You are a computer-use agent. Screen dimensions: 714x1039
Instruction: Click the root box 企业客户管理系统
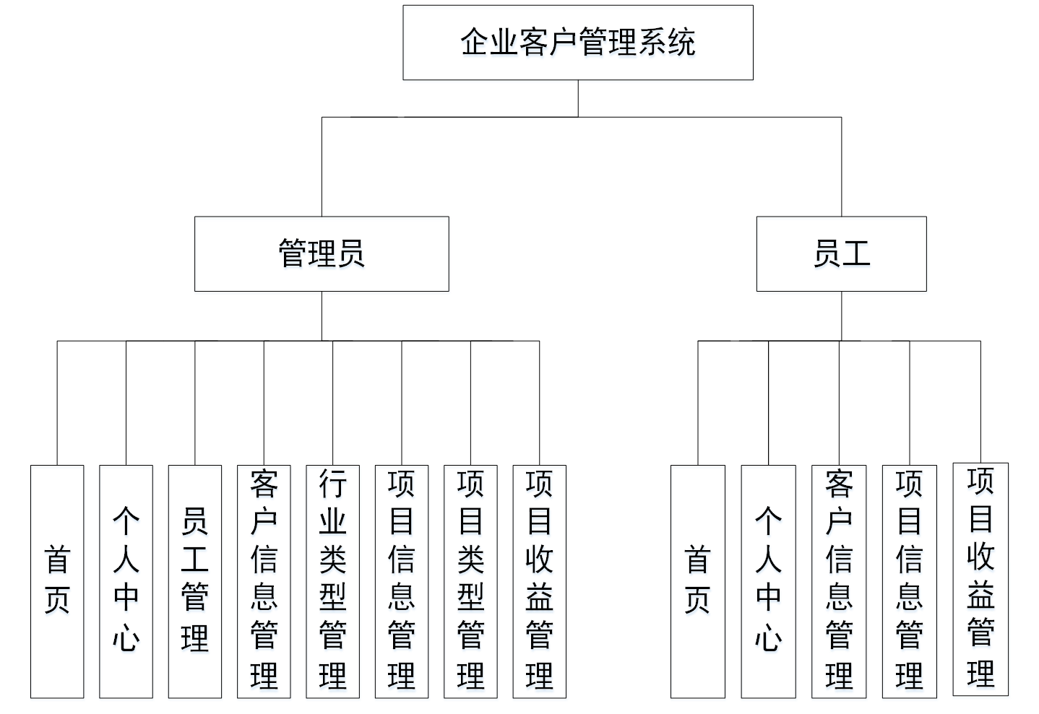pyautogui.click(x=577, y=43)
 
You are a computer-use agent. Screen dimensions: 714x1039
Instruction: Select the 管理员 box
pyautogui.click(x=322, y=253)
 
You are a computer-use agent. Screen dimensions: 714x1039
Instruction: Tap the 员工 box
pyautogui.click(x=841, y=253)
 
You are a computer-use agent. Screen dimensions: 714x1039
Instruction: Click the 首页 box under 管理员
pyautogui.click(x=57, y=581)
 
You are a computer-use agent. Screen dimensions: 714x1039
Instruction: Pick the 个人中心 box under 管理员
pyautogui.click(x=126, y=581)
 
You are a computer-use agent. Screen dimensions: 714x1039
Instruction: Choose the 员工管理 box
pyautogui.click(x=195, y=581)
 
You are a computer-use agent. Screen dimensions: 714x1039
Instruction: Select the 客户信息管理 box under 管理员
pyautogui.click(x=264, y=581)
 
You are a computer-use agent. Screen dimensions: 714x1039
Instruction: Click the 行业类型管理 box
pyautogui.click(x=332, y=581)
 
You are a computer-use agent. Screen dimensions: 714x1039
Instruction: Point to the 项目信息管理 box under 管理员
pyautogui.click(x=402, y=581)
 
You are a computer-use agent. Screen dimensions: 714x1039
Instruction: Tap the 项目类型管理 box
pyautogui.click(x=470, y=581)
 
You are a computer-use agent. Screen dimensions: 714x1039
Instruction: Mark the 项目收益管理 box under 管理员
pyautogui.click(x=539, y=581)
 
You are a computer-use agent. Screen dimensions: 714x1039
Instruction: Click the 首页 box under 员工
pyautogui.click(x=697, y=581)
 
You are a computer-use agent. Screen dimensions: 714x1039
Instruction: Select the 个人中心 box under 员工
pyautogui.click(x=768, y=581)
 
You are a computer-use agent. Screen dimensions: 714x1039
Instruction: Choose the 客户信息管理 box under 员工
pyautogui.click(x=839, y=581)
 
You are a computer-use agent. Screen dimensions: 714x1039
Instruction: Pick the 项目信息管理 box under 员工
pyautogui.click(x=909, y=581)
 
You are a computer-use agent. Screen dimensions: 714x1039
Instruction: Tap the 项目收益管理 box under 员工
pyautogui.click(x=980, y=579)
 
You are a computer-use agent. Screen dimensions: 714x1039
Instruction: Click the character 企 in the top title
pyautogui.click(x=475, y=43)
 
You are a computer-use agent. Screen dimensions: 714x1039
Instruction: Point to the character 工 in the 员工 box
pyautogui.click(x=856, y=253)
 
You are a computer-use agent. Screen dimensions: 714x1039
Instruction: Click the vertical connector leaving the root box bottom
pyautogui.click(x=578, y=98)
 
